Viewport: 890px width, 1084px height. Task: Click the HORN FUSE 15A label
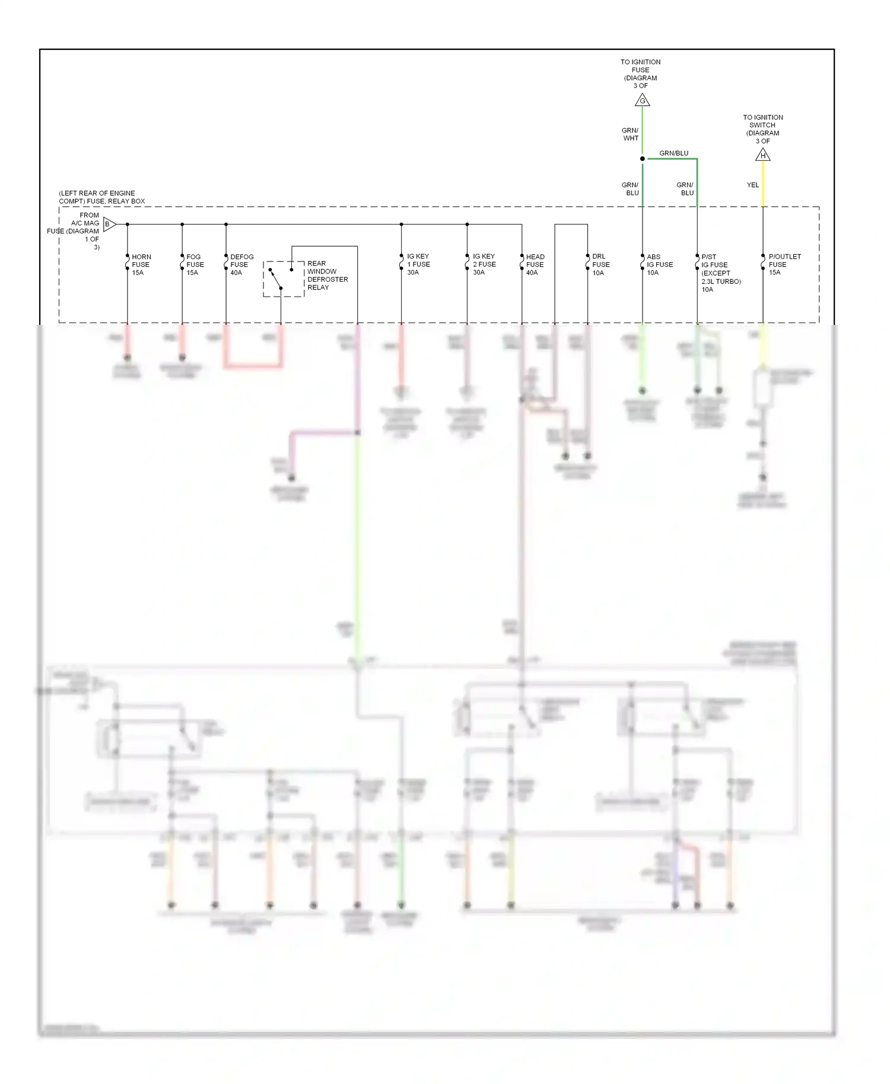point(141,264)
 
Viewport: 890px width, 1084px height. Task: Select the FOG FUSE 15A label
point(195,264)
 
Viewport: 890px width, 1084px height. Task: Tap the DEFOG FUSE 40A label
point(241,264)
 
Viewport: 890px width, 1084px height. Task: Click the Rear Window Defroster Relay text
point(327,275)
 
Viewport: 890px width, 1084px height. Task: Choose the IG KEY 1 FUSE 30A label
point(418,264)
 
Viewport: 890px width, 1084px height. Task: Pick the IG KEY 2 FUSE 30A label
point(484,264)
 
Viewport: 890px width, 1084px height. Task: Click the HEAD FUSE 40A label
point(535,264)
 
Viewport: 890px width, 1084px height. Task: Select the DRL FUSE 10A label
point(600,264)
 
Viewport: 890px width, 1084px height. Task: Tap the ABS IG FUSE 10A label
point(659,264)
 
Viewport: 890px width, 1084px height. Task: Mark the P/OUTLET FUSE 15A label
point(784,264)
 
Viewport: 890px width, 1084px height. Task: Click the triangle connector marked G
point(642,101)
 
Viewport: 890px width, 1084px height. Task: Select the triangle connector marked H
point(763,155)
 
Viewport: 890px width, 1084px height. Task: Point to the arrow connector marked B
point(109,224)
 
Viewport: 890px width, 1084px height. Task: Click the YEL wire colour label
point(752,185)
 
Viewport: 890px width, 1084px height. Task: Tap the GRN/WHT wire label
point(630,134)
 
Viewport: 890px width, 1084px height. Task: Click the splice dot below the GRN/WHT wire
point(642,158)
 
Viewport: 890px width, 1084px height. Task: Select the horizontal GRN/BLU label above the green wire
point(673,153)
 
